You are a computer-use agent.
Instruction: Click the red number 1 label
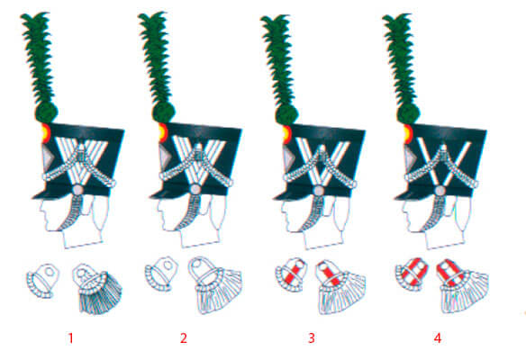click(x=71, y=338)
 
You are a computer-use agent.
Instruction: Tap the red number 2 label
click(x=184, y=338)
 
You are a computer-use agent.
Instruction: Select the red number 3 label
click(x=312, y=338)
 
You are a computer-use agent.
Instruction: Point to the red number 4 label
click(x=438, y=338)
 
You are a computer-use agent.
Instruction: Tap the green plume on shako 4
click(x=401, y=59)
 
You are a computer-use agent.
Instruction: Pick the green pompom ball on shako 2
click(x=163, y=112)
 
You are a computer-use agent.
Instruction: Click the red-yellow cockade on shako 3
click(x=286, y=134)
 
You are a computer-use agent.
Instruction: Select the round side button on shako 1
click(x=77, y=190)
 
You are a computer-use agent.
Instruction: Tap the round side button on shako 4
click(x=440, y=191)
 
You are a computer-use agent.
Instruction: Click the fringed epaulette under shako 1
click(x=97, y=289)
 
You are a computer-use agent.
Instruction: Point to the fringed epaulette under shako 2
click(x=215, y=285)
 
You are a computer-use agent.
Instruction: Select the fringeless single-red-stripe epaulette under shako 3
click(x=291, y=274)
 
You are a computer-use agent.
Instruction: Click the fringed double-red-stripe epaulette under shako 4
click(x=463, y=286)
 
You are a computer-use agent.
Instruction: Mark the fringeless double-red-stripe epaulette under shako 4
click(x=412, y=274)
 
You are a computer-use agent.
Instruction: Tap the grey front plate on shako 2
click(x=165, y=156)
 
